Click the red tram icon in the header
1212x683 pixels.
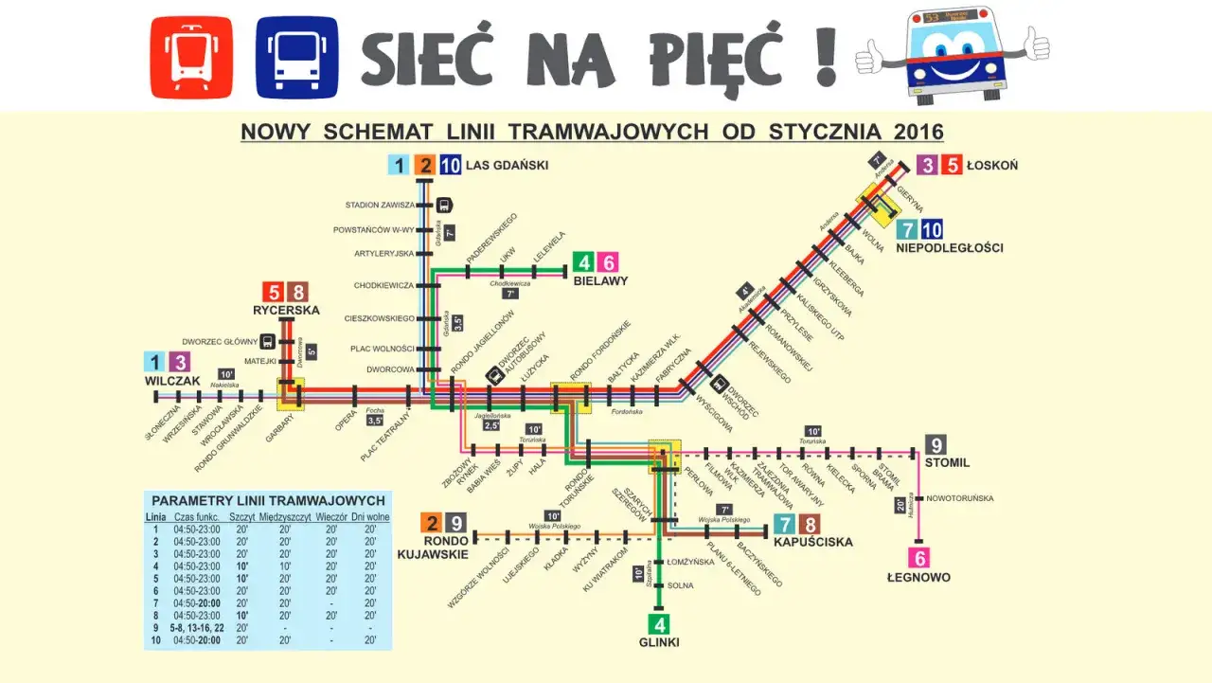pos(191,57)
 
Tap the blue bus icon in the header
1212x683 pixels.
pos(296,57)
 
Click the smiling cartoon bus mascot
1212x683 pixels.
pos(952,54)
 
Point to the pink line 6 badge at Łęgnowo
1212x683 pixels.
pos(918,558)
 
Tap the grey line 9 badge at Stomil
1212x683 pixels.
pos(936,444)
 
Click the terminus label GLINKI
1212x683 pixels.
pos(658,642)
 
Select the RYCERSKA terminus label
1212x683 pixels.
pos(286,310)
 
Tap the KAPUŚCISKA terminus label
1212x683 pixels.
pos(812,543)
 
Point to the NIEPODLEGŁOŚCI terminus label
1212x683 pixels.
pos(949,248)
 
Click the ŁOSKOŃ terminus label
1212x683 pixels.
pos(993,166)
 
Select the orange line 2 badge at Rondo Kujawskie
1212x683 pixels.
pos(432,523)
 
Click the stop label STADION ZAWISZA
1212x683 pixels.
pos(380,205)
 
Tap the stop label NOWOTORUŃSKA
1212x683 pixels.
pos(960,498)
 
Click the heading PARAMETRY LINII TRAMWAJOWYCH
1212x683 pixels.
pos(268,500)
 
